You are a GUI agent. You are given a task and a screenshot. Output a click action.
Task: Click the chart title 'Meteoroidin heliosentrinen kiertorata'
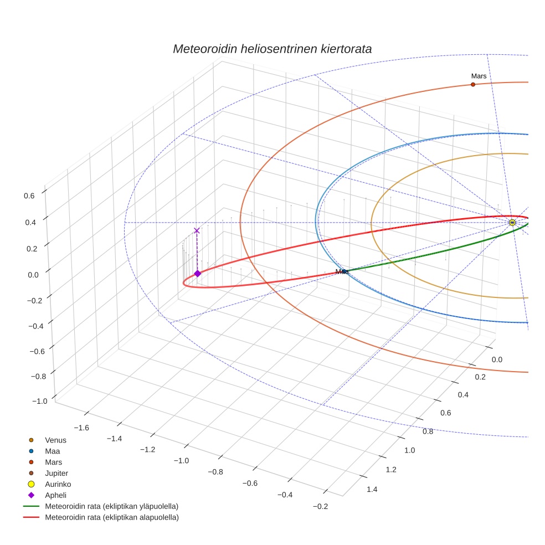(x=272, y=49)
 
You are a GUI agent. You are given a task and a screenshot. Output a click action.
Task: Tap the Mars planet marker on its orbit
(x=472, y=84)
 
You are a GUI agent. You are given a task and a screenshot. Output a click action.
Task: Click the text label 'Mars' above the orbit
(x=479, y=76)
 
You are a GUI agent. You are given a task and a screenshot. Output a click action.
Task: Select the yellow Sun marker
(x=512, y=223)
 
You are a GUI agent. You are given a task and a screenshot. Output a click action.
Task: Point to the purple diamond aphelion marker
(x=197, y=274)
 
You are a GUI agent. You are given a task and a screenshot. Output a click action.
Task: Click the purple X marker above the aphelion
(x=197, y=230)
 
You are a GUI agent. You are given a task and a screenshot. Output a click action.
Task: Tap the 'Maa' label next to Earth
(x=341, y=271)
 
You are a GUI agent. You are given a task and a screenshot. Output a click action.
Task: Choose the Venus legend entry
(x=55, y=440)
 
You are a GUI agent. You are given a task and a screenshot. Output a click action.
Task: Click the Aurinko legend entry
(x=58, y=484)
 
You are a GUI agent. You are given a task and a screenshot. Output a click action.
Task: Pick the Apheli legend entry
(x=55, y=495)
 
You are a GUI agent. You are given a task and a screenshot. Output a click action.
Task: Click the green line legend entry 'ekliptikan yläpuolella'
(x=111, y=506)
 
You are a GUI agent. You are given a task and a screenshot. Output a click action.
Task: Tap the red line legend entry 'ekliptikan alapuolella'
(x=111, y=517)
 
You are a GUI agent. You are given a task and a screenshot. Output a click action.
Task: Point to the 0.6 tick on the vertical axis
(x=29, y=195)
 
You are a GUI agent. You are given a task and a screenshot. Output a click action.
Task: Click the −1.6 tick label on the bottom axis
(x=81, y=428)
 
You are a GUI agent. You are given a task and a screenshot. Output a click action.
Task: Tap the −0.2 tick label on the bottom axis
(x=320, y=507)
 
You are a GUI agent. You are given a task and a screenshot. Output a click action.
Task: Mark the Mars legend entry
(x=53, y=462)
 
